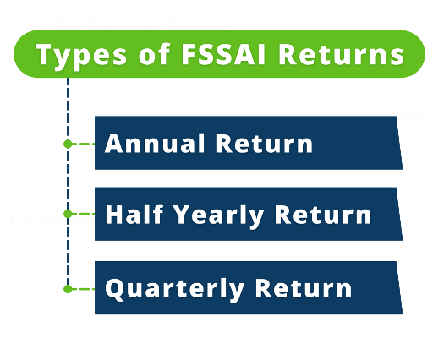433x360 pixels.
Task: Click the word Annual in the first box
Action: (155, 143)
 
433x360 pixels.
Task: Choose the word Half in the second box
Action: (132, 215)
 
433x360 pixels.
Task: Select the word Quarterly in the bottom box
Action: (174, 287)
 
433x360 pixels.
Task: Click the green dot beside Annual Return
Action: (68, 144)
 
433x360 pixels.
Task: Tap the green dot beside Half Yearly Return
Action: (68, 215)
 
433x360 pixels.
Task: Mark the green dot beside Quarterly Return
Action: (68, 288)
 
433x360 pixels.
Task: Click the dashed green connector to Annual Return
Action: (83, 144)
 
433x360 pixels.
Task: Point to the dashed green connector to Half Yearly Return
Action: (83, 215)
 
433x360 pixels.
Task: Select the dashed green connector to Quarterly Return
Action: (83, 288)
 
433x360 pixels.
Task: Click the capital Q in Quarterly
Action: (115, 287)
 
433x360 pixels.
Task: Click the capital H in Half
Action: (113, 215)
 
